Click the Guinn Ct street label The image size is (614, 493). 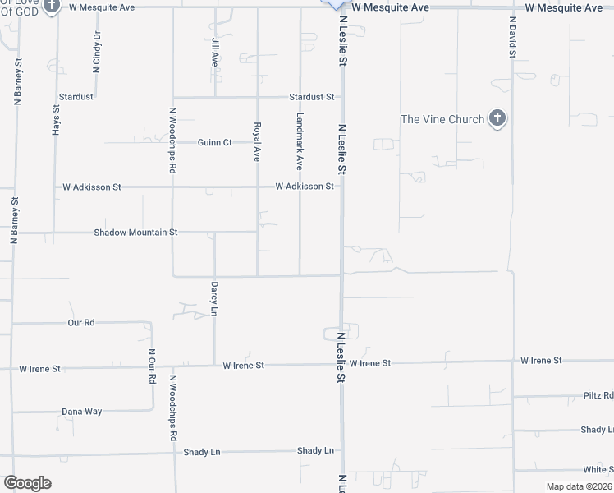[x=215, y=142]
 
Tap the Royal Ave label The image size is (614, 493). [x=257, y=141]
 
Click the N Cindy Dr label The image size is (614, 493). [x=97, y=53]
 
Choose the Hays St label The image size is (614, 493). [x=56, y=119]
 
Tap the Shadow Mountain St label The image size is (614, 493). [x=135, y=233]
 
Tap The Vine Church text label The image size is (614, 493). [x=442, y=120]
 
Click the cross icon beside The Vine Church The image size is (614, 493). [x=496, y=120]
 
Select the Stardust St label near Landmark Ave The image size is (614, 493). [x=312, y=97]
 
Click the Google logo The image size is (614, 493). [x=27, y=483]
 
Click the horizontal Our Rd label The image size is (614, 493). [x=81, y=323]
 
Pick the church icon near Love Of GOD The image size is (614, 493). [x=53, y=7]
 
